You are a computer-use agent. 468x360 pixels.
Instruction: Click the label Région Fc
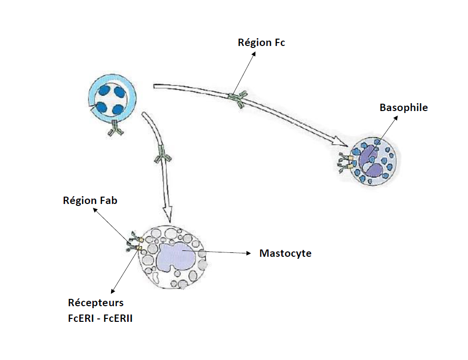click(x=261, y=43)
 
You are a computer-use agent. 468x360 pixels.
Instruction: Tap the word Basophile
click(x=403, y=108)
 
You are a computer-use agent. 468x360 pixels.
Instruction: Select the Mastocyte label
click(x=285, y=253)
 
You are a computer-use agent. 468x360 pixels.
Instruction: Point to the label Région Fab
click(x=90, y=201)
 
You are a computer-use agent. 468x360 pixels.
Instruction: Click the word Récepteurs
click(x=95, y=303)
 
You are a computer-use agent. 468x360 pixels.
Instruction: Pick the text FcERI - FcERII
click(x=100, y=318)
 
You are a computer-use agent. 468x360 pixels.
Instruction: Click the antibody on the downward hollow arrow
click(x=163, y=157)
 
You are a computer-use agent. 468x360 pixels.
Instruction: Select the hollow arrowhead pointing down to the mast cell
click(x=168, y=214)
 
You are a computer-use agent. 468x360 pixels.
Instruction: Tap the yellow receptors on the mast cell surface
click(x=138, y=244)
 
